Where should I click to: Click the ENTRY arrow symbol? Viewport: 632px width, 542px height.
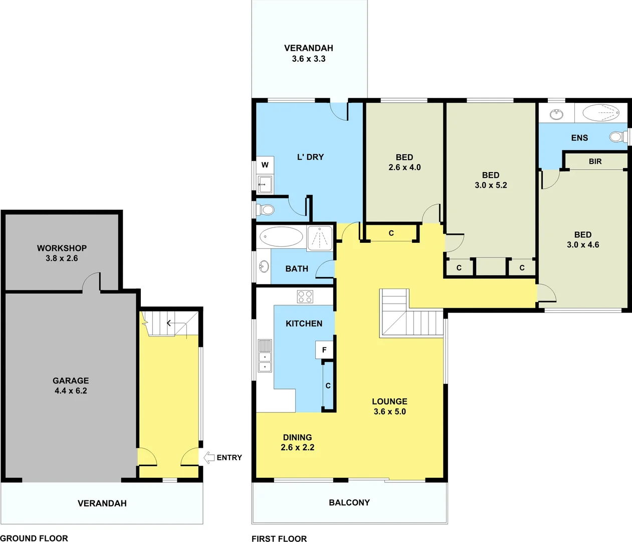click(x=209, y=458)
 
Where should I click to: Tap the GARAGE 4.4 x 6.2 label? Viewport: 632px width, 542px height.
click(x=71, y=385)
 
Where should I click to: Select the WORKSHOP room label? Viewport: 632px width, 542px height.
click(x=62, y=248)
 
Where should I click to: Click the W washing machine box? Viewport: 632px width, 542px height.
click(x=265, y=165)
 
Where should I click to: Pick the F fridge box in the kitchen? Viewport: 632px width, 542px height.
click(x=324, y=350)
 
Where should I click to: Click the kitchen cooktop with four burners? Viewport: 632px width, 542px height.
click(x=305, y=297)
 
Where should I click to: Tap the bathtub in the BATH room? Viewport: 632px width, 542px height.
click(x=281, y=237)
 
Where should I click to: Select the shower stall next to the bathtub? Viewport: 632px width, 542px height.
click(x=320, y=237)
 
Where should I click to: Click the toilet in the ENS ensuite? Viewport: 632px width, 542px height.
click(x=616, y=137)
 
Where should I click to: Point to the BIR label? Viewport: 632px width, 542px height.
click(x=595, y=162)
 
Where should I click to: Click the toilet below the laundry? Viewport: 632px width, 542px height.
click(x=266, y=209)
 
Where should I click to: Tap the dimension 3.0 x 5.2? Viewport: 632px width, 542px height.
click(x=491, y=185)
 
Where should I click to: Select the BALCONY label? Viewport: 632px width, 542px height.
click(x=349, y=502)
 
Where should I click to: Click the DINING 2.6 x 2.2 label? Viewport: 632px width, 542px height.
click(x=298, y=442)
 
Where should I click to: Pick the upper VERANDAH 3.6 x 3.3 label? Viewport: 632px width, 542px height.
click(x=309, y=53)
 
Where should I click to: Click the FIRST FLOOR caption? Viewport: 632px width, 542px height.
click(x=279, y=538)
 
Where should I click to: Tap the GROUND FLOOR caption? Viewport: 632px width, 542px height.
click(x=34, y=538)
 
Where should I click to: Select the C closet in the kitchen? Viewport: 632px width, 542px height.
click(x=328, y=385)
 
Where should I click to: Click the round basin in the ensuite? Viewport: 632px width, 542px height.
click(x=556, y=114)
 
